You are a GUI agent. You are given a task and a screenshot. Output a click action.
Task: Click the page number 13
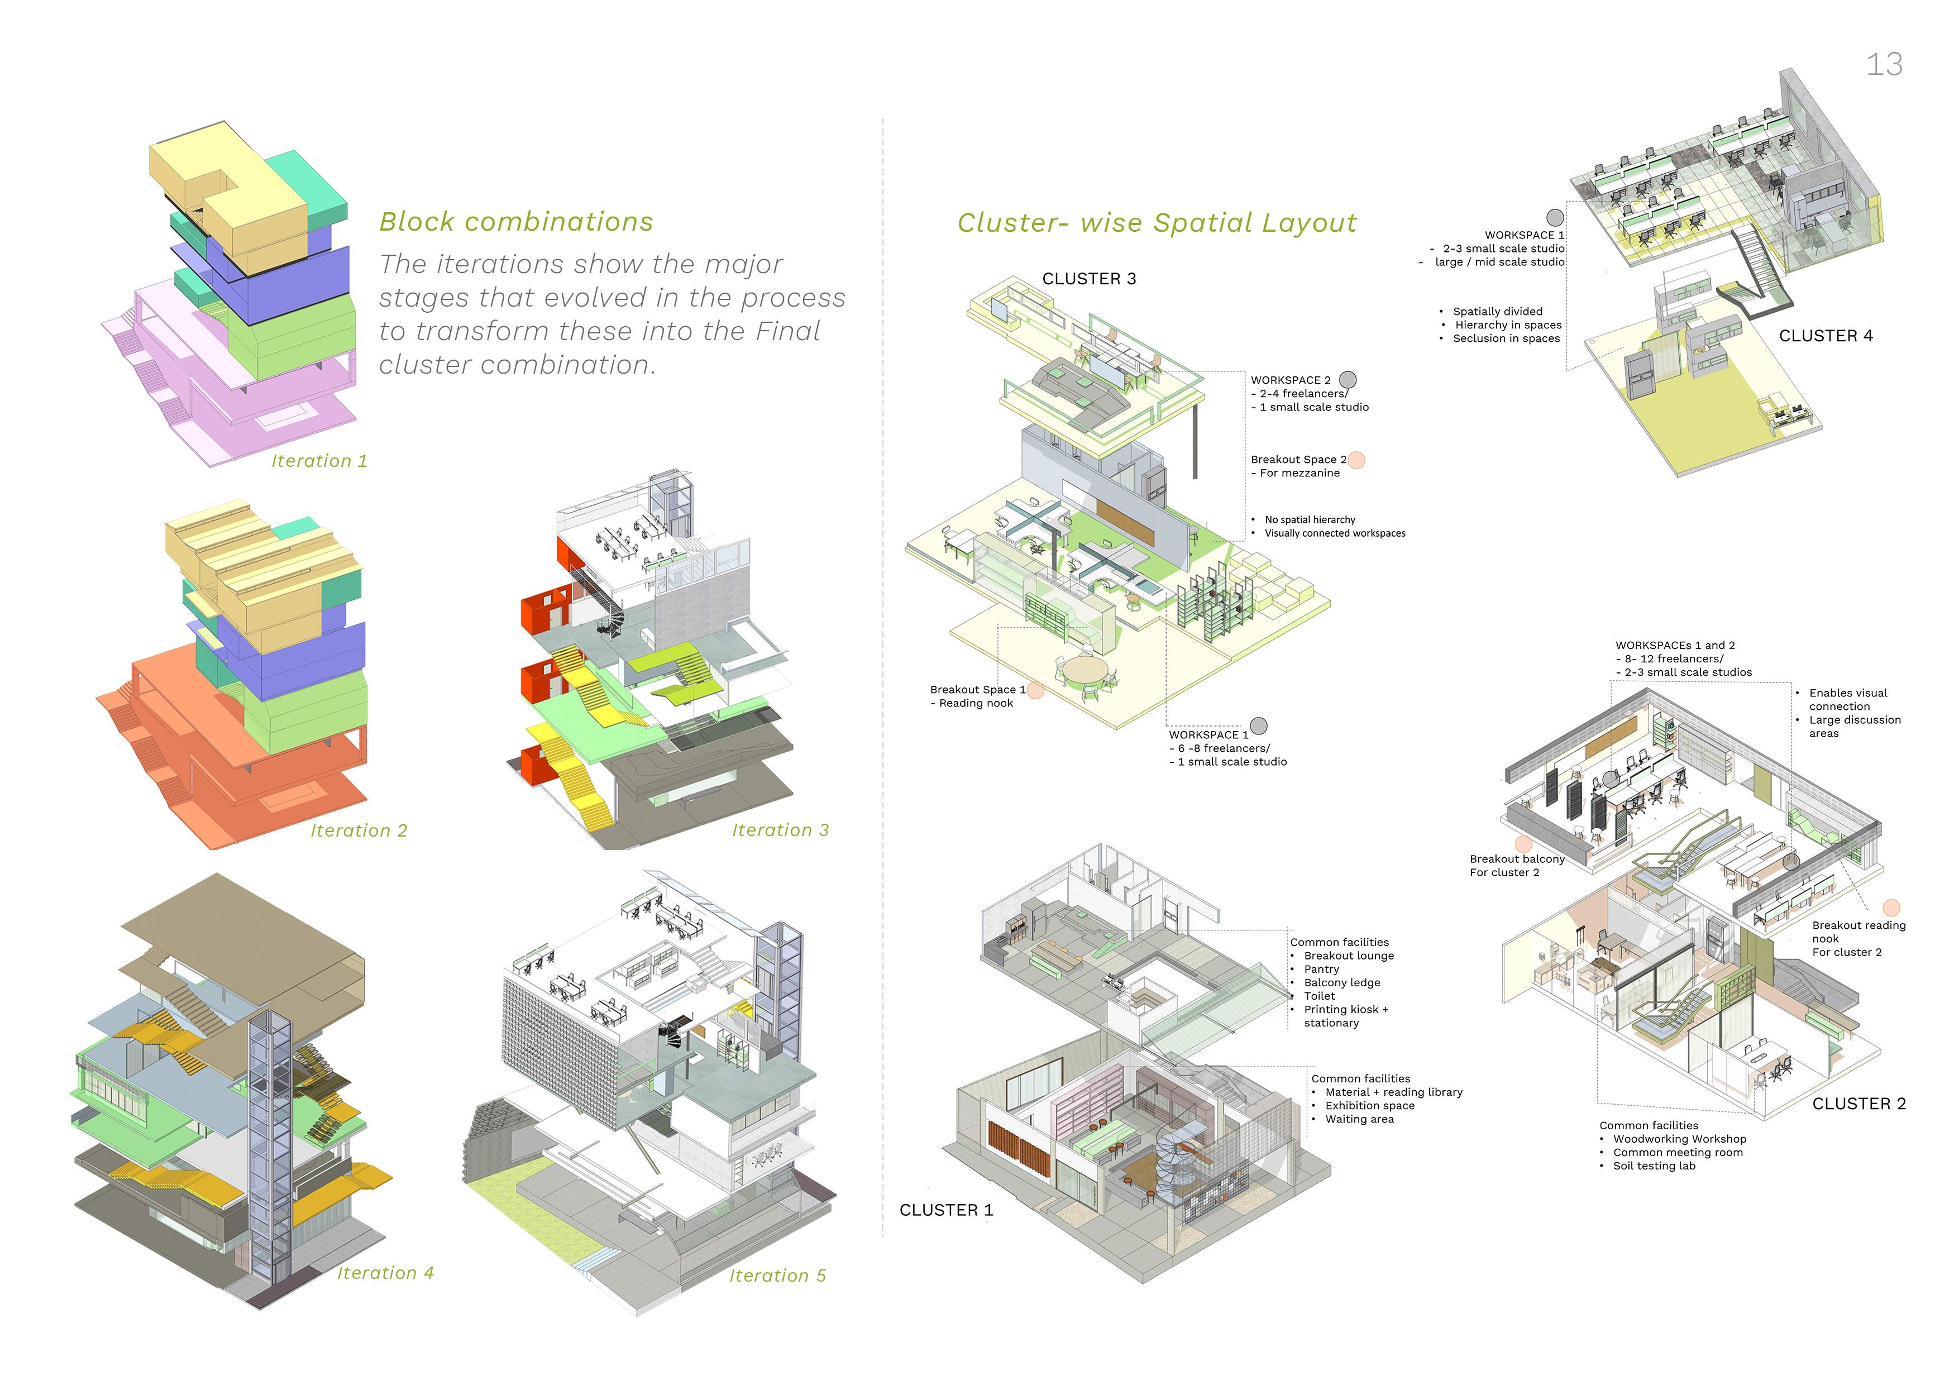(1884, 65)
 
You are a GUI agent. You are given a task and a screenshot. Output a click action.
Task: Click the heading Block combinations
(516, 222)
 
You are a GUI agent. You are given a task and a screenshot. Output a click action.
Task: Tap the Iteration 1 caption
(319, 461)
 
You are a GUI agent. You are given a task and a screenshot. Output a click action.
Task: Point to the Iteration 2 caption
(359, 830)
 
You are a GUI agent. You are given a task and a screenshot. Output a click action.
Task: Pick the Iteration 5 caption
(777, 1275)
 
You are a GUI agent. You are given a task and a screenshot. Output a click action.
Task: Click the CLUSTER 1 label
(945, 1210)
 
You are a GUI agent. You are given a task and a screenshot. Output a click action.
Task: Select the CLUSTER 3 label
(1089, 279)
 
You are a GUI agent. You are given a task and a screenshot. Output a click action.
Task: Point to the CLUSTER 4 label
(1825, 336)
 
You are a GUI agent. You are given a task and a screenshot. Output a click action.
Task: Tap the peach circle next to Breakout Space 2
(1356, 460)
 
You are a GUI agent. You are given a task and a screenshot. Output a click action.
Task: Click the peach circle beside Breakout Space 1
(1035, 690)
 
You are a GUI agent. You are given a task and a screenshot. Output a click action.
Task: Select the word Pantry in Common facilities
(1321, 969)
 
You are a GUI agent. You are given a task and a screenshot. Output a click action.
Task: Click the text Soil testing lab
(1654, 1166)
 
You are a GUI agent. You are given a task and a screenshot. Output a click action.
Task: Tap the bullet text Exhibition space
(1369, 1106)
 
